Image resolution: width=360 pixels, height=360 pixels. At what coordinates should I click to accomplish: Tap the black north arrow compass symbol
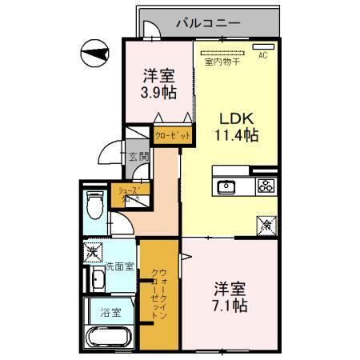pyautogui.click(x=94, y=53)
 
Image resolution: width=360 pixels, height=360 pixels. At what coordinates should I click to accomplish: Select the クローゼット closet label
pyautogui.click(x=172, y=137)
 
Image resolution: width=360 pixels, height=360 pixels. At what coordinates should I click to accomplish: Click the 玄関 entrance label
pyautogui.click(x=138, y=157)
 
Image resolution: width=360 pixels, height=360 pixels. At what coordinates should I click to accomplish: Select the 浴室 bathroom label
pyautogui.click(x=111, y=313)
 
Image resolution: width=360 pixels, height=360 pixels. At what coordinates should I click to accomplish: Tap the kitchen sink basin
pyautogui.click(x=226, y=187)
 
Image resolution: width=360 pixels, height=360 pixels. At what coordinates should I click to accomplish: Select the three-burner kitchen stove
pyautogui.click(x=265, y=186)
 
